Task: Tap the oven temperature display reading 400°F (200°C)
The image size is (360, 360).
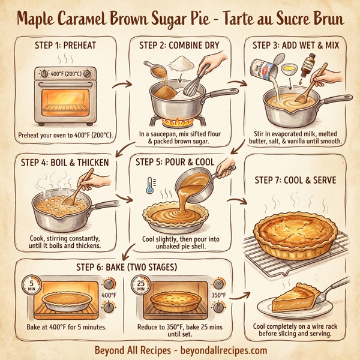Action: point(64,73)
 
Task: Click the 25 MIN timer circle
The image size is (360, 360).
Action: point(142,285)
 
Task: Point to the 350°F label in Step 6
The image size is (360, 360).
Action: point(219,295)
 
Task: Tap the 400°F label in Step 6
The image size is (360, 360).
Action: point(109,295)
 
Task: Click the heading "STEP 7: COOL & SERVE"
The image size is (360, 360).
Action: point(295,180)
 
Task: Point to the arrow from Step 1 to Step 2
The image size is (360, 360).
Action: point(123,85)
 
